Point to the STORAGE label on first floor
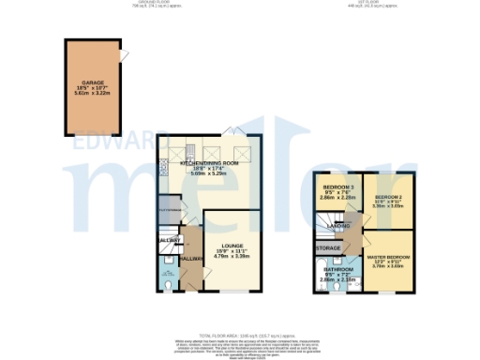[x=328, y=248]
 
